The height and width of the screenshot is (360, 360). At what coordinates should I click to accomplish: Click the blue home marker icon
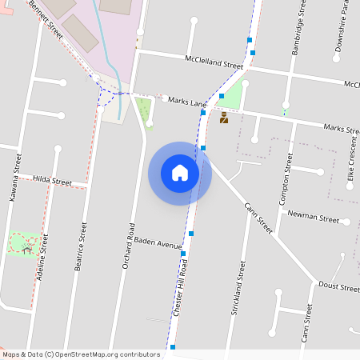click(180, 173)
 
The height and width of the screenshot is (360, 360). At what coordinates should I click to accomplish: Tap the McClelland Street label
click(213, 62)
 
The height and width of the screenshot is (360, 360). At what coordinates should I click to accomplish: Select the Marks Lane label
click(188, 101)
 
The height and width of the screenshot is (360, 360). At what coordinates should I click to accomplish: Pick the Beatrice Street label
click(79, 247)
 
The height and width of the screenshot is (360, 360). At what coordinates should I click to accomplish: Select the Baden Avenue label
click(158, 242)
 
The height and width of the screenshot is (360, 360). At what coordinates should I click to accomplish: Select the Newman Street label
click(313, 217)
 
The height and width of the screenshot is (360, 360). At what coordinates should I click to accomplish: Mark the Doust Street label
click(338, 286)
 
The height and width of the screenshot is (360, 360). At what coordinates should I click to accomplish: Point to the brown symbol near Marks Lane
click(224, 119)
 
